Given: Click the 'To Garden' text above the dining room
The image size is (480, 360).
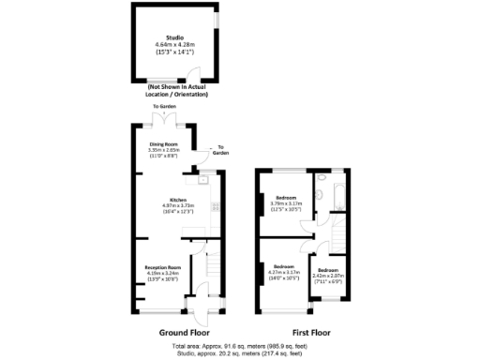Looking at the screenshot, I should pyautogui.click(x=164, y=108).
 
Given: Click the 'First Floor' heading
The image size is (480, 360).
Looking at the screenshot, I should pyautogui.click(x=310, y=332).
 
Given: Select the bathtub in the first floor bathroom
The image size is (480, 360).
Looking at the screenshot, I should pyautogui.click(x=340, y=194).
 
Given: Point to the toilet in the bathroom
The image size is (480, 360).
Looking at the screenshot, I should pyautogui.click(x=319, y=194).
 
